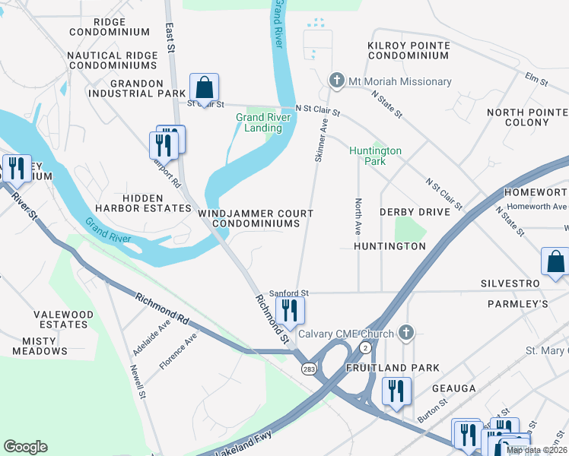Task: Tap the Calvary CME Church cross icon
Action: coord(407,333)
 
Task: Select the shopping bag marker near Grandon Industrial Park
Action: coord(204,87)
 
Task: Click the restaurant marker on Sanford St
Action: coord(290,310)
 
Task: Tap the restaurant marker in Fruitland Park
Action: coord(396,391)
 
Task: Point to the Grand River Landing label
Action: coord(259,122)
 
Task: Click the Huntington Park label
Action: coord(375,156)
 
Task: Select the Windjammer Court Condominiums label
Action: coord(256,219)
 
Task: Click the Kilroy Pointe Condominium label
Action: coord(408,51)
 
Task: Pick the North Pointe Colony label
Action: coord(527,117)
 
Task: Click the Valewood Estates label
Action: coord(64,319)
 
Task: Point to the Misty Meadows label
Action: coord(40,346)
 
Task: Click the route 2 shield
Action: coord(365,347)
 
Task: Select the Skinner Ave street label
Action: coord(322,139)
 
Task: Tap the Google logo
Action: coord(25,447)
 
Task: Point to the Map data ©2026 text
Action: coord(536,450)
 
